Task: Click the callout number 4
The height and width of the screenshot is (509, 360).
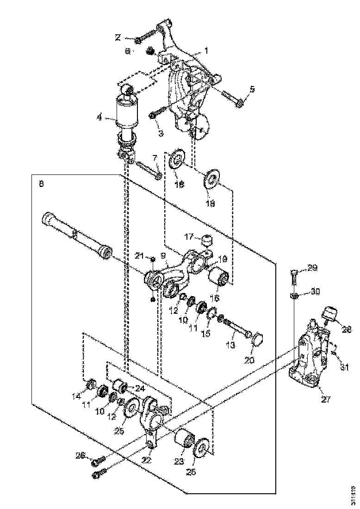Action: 99,118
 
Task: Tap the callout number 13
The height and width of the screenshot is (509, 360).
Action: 231,345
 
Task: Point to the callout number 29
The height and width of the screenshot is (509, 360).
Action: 312,268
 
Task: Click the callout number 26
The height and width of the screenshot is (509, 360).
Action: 81,456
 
